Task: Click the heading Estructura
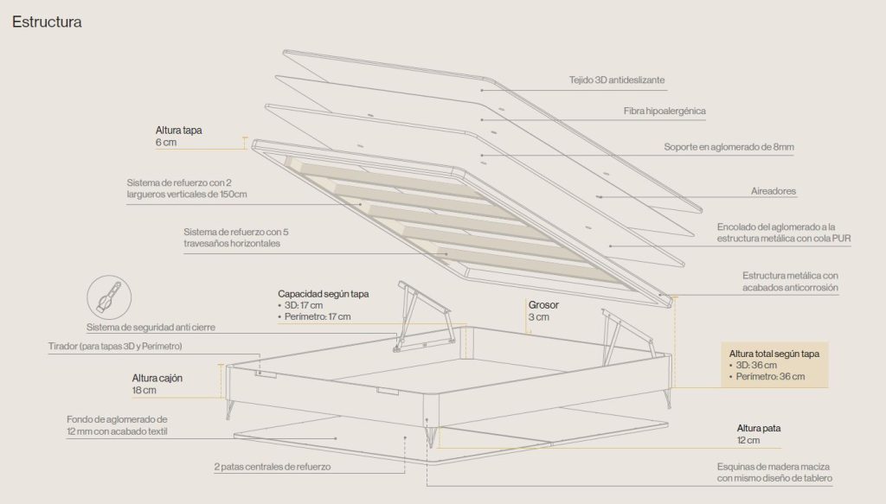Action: click(x=47, y=22)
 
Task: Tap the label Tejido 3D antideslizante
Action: click(x=617, y=80)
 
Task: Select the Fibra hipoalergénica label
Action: click(x=664, y=112)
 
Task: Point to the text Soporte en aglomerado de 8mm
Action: click(x=729, y=147)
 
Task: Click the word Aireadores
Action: click(x=774, y=191)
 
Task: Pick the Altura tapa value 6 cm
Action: click(x=166, y=143)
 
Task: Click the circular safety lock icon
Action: click(x=109, y=297)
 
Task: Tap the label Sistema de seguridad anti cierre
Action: click(x=151, y=328)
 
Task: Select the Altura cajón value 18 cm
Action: click(x=144, y=390)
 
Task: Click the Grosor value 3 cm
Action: click(x=538, y=317)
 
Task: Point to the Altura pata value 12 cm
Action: click(x=748, y=440)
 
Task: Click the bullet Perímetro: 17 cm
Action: click(x=314, y=316)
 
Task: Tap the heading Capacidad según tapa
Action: click(x=324, y=293)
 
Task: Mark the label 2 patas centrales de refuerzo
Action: click(x=273, y=467)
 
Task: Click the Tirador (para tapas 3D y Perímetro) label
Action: click(x=115, y=346)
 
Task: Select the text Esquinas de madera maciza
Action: click(x=774, y=467)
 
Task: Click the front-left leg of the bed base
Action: click(x=230, y=407)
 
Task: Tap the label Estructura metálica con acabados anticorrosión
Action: click(x=791, y=282)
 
